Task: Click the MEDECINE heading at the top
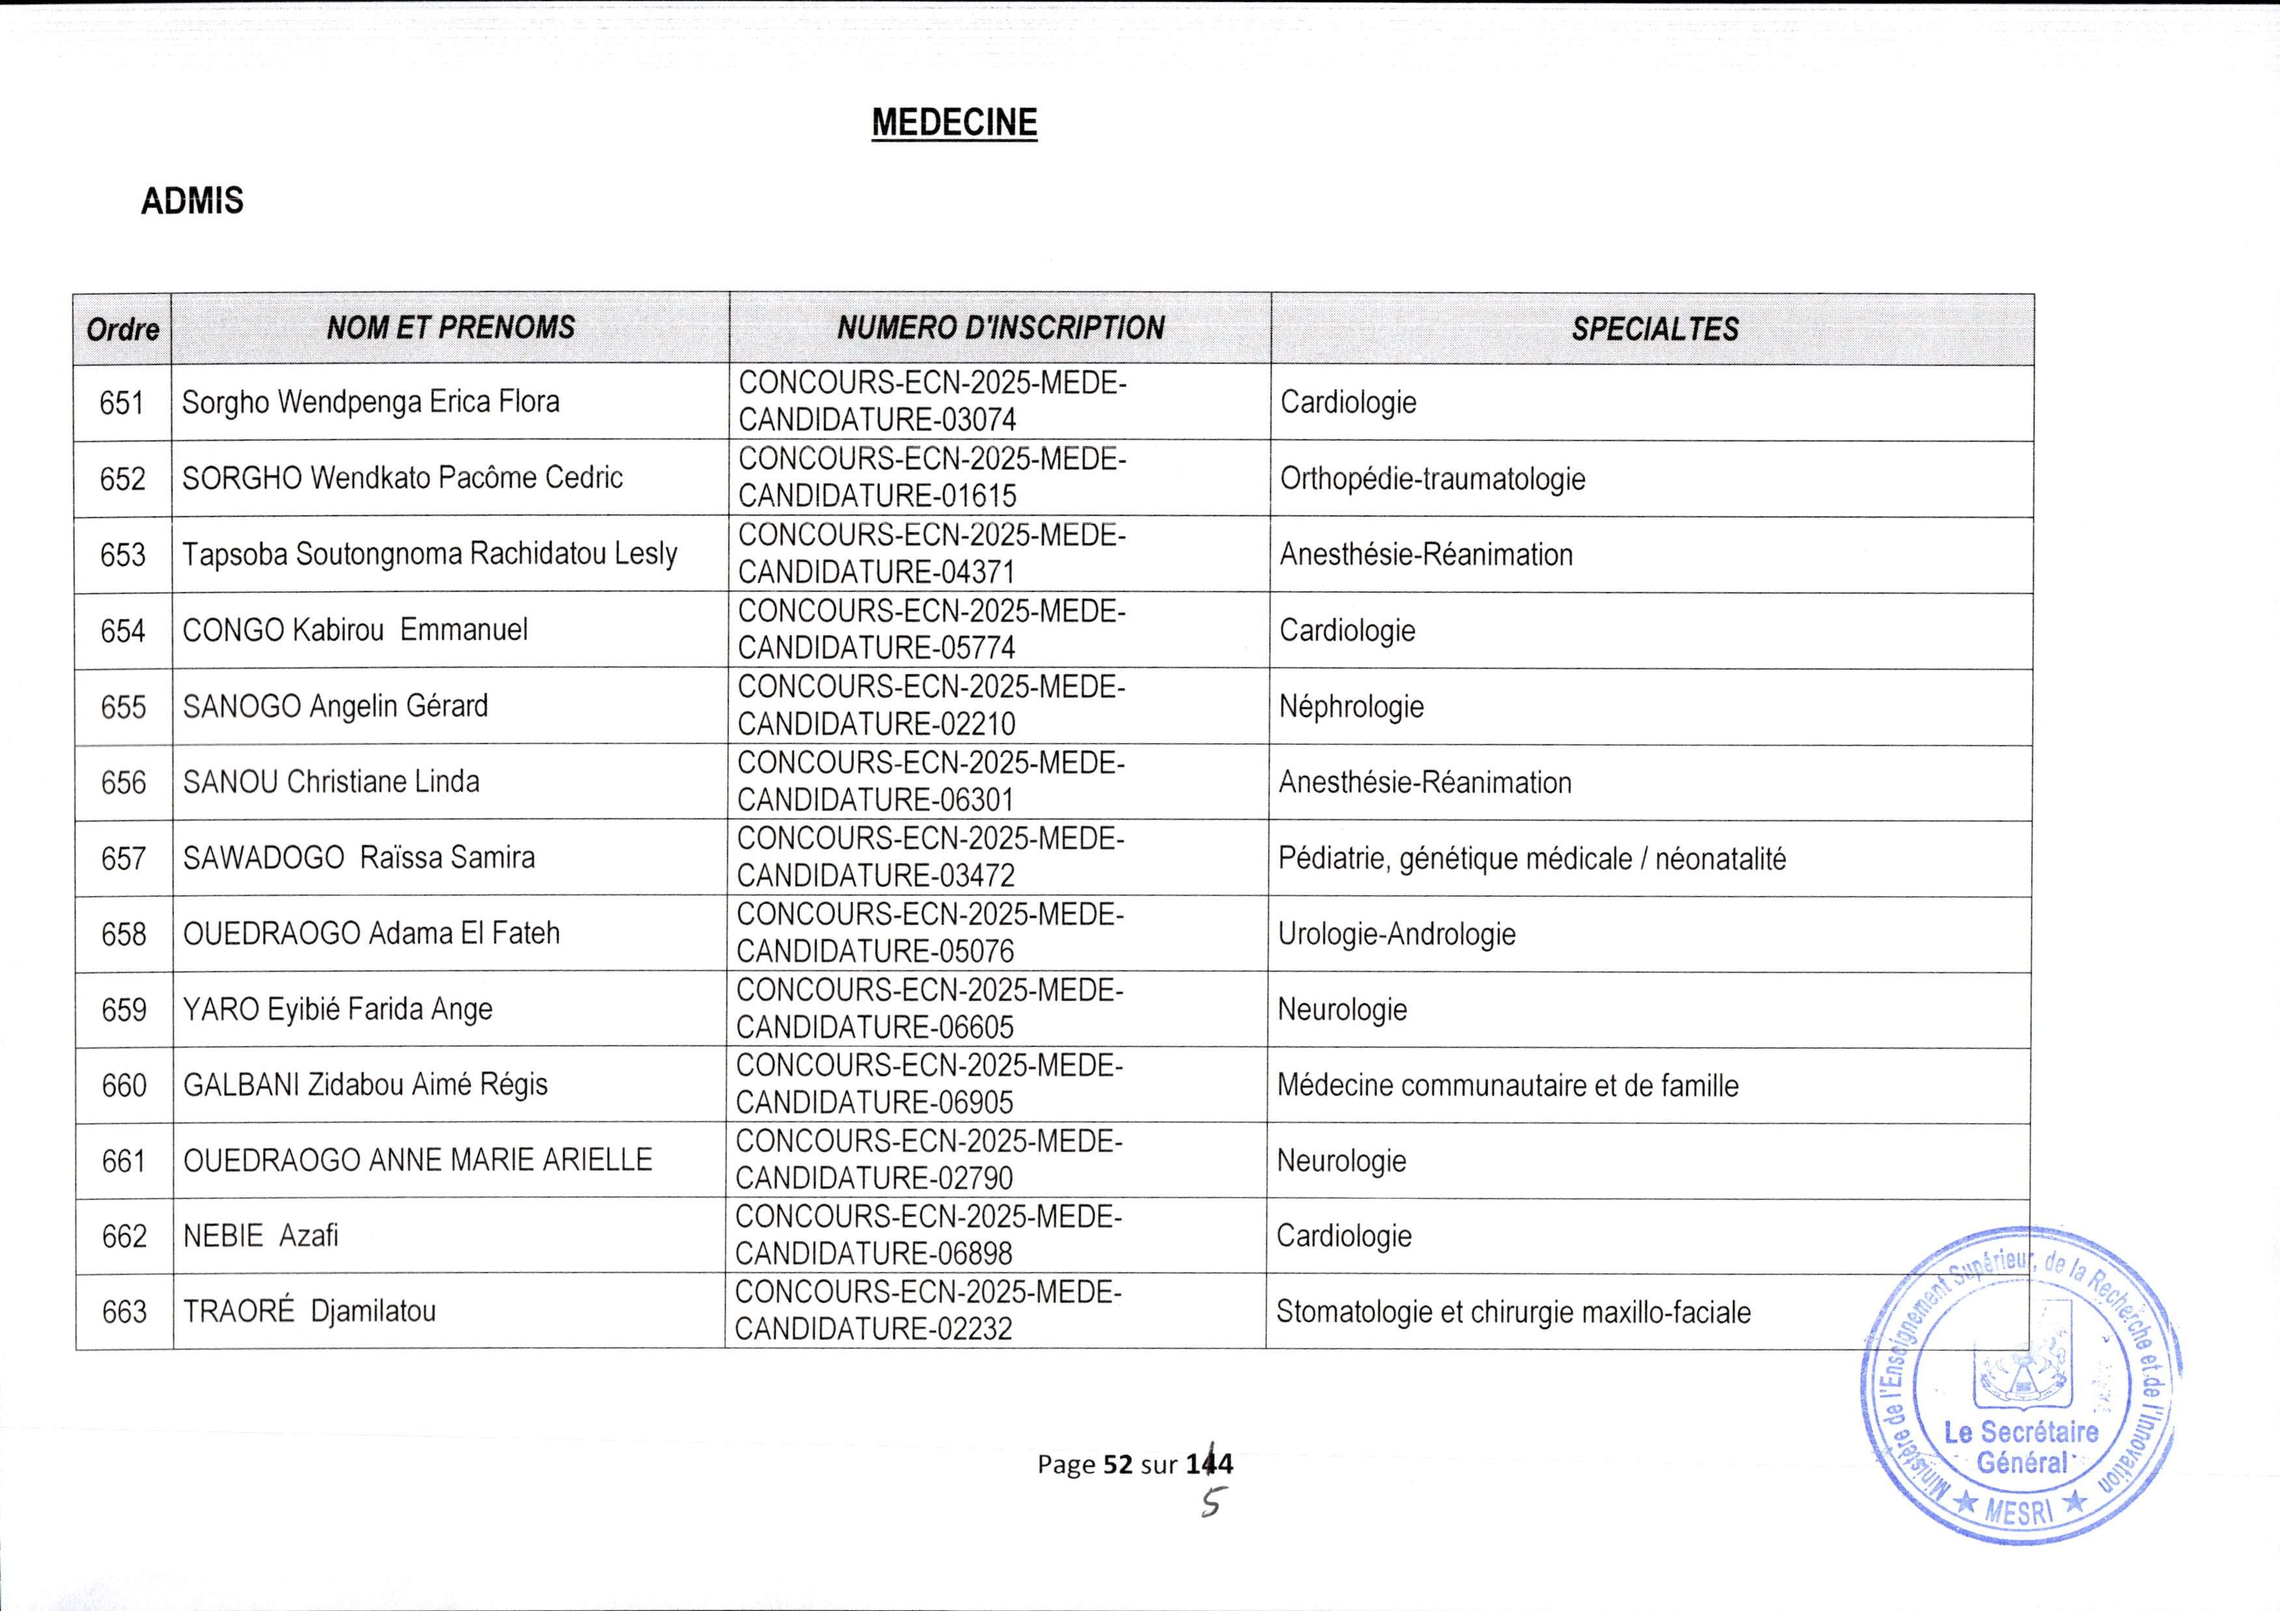(954, 122)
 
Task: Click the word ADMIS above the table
(191, 202)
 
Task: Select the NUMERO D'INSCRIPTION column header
(1000, 329)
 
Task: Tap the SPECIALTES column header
(1654, 329)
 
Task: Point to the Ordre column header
(122, 329)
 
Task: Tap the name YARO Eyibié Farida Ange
(338, 1010)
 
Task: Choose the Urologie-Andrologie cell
(1397, 934)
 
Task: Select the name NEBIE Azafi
(260, 1236)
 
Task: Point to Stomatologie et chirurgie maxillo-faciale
(1512, 1312)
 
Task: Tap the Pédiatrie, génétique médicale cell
(1531, 859)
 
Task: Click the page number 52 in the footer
(1118, 1464)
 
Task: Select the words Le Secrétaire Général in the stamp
(2021, 1447)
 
